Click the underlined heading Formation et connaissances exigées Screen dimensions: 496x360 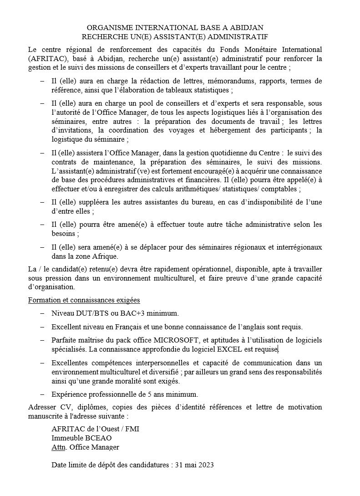tap(84, 300)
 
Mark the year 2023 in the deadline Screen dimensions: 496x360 tap(205, 465)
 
